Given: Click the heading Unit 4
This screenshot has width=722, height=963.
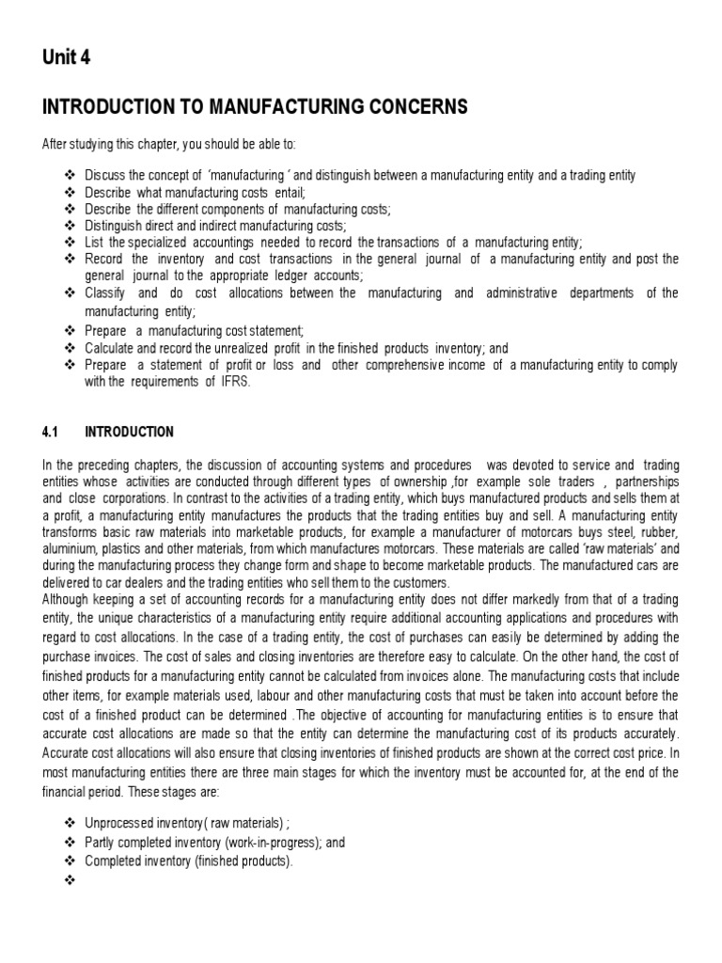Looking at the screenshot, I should pos(67,58).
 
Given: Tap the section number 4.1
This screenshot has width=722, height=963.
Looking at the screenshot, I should pos(51,433).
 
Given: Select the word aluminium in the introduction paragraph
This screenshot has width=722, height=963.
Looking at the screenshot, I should pos(71,547).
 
